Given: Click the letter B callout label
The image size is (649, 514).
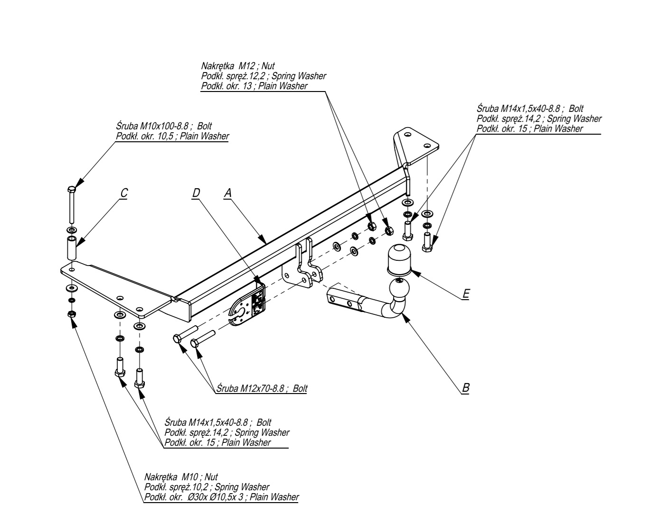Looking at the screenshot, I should point(466,387).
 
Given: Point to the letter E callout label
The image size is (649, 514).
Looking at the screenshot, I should point(466,294).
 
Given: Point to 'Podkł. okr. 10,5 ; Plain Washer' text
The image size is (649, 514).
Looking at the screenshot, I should point(172,137).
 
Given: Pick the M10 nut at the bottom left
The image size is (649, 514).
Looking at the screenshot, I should point(71,314).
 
